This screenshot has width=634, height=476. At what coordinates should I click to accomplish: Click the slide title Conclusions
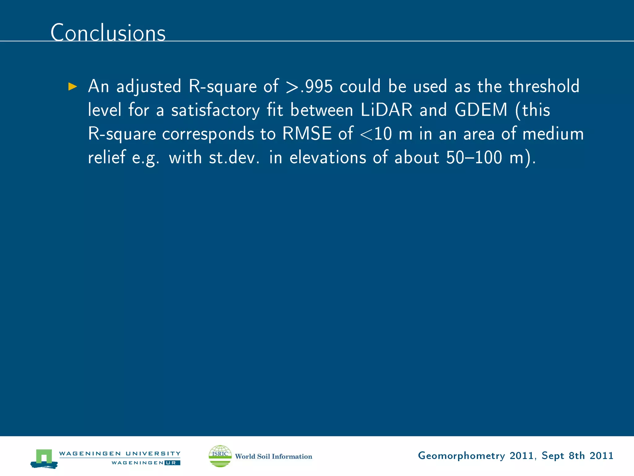[x=108, y=33]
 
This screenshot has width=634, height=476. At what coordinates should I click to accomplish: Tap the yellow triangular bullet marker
[x=72, y=86]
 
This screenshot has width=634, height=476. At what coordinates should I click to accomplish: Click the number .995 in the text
[x=316, y=86]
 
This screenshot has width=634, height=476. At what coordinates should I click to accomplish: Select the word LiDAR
[x=386, y=110]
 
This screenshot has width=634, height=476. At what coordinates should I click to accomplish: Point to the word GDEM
[x=481, y=110]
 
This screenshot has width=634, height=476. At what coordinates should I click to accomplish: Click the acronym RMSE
[x=307, y=134]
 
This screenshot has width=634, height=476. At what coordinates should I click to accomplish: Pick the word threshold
[x=544, y=86]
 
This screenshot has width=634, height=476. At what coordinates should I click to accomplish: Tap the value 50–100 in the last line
[x=474, y=157]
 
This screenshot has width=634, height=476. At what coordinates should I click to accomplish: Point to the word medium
[x=553, y=134]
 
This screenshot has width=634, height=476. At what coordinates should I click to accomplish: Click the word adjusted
[x=149, y=87]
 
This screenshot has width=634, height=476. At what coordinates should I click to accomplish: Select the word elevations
[x=328, y=157]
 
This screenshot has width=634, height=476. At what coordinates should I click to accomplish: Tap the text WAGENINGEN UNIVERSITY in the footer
[x=120, y=453]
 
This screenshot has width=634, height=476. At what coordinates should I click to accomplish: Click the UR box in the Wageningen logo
[x=172, y=463]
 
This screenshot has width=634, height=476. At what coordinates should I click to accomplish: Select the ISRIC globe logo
[x=220, y=456]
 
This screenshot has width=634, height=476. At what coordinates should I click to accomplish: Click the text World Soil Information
[x=274, y=456]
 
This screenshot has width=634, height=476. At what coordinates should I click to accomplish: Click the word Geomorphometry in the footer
[x=461, y=456]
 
